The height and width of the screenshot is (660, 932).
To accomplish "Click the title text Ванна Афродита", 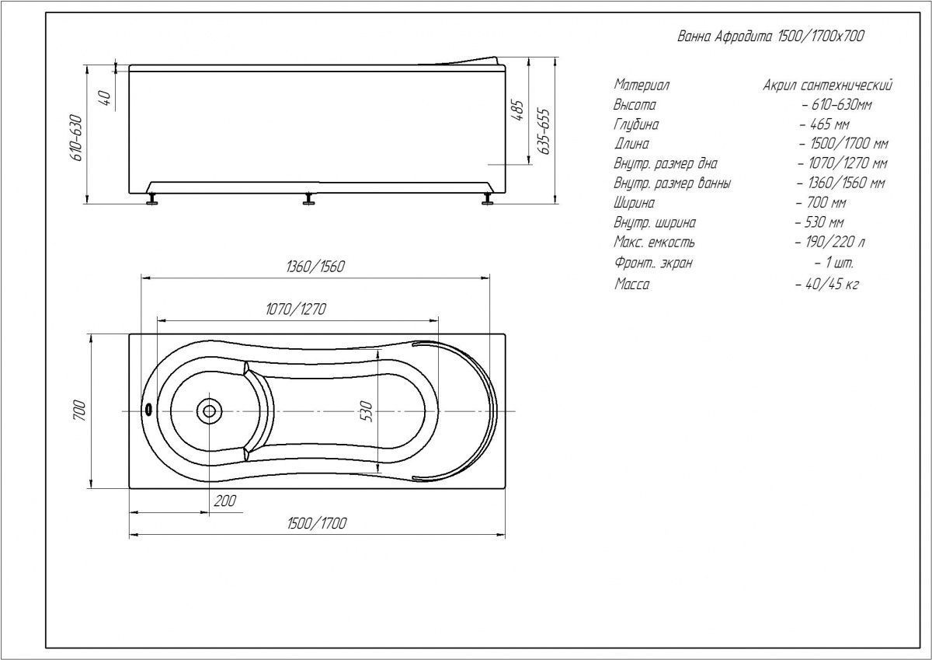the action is click(x=724, y=37).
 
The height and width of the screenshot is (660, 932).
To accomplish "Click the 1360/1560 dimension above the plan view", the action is click(x=315, y=267).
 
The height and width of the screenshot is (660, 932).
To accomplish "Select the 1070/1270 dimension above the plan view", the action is click(x=296, y=309).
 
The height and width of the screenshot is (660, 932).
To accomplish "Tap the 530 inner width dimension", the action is click(x=367, y=411).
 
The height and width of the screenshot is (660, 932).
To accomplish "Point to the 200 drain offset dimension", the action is click(x=225, y=501).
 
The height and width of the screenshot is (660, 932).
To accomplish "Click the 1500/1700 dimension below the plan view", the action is click(x=317, y=523).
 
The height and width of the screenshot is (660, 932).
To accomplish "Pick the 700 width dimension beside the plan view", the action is click(x=79, y=410).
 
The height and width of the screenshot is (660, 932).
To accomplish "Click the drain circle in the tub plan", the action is click(x=209, y=411).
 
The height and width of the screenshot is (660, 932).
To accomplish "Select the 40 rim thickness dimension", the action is click(x=106, y=98).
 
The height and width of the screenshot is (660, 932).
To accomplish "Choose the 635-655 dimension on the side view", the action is click(x=544, y=131).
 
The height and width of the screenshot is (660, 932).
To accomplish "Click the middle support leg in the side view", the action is click(x=308, y=199).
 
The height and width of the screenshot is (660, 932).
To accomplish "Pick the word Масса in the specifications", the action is click(x=631, y=285).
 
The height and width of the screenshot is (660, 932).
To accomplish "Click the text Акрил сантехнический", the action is click(x=828, y=86).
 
